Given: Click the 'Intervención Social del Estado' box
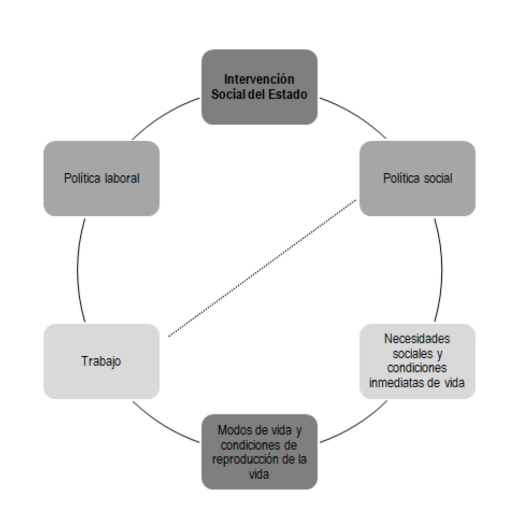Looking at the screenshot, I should click(259, 87).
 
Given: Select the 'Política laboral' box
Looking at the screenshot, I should click(101, 178).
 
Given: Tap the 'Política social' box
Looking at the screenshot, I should click(417, 178).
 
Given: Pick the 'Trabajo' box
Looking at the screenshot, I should click(101, 361).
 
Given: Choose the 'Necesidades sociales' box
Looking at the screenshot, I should click(417, 361).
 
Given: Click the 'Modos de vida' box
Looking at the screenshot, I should click(259, 451).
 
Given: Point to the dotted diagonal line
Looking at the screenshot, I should click(262, 268).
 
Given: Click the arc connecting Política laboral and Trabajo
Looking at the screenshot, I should click(78, 269).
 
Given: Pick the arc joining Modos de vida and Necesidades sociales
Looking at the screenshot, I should click(355, 425).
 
